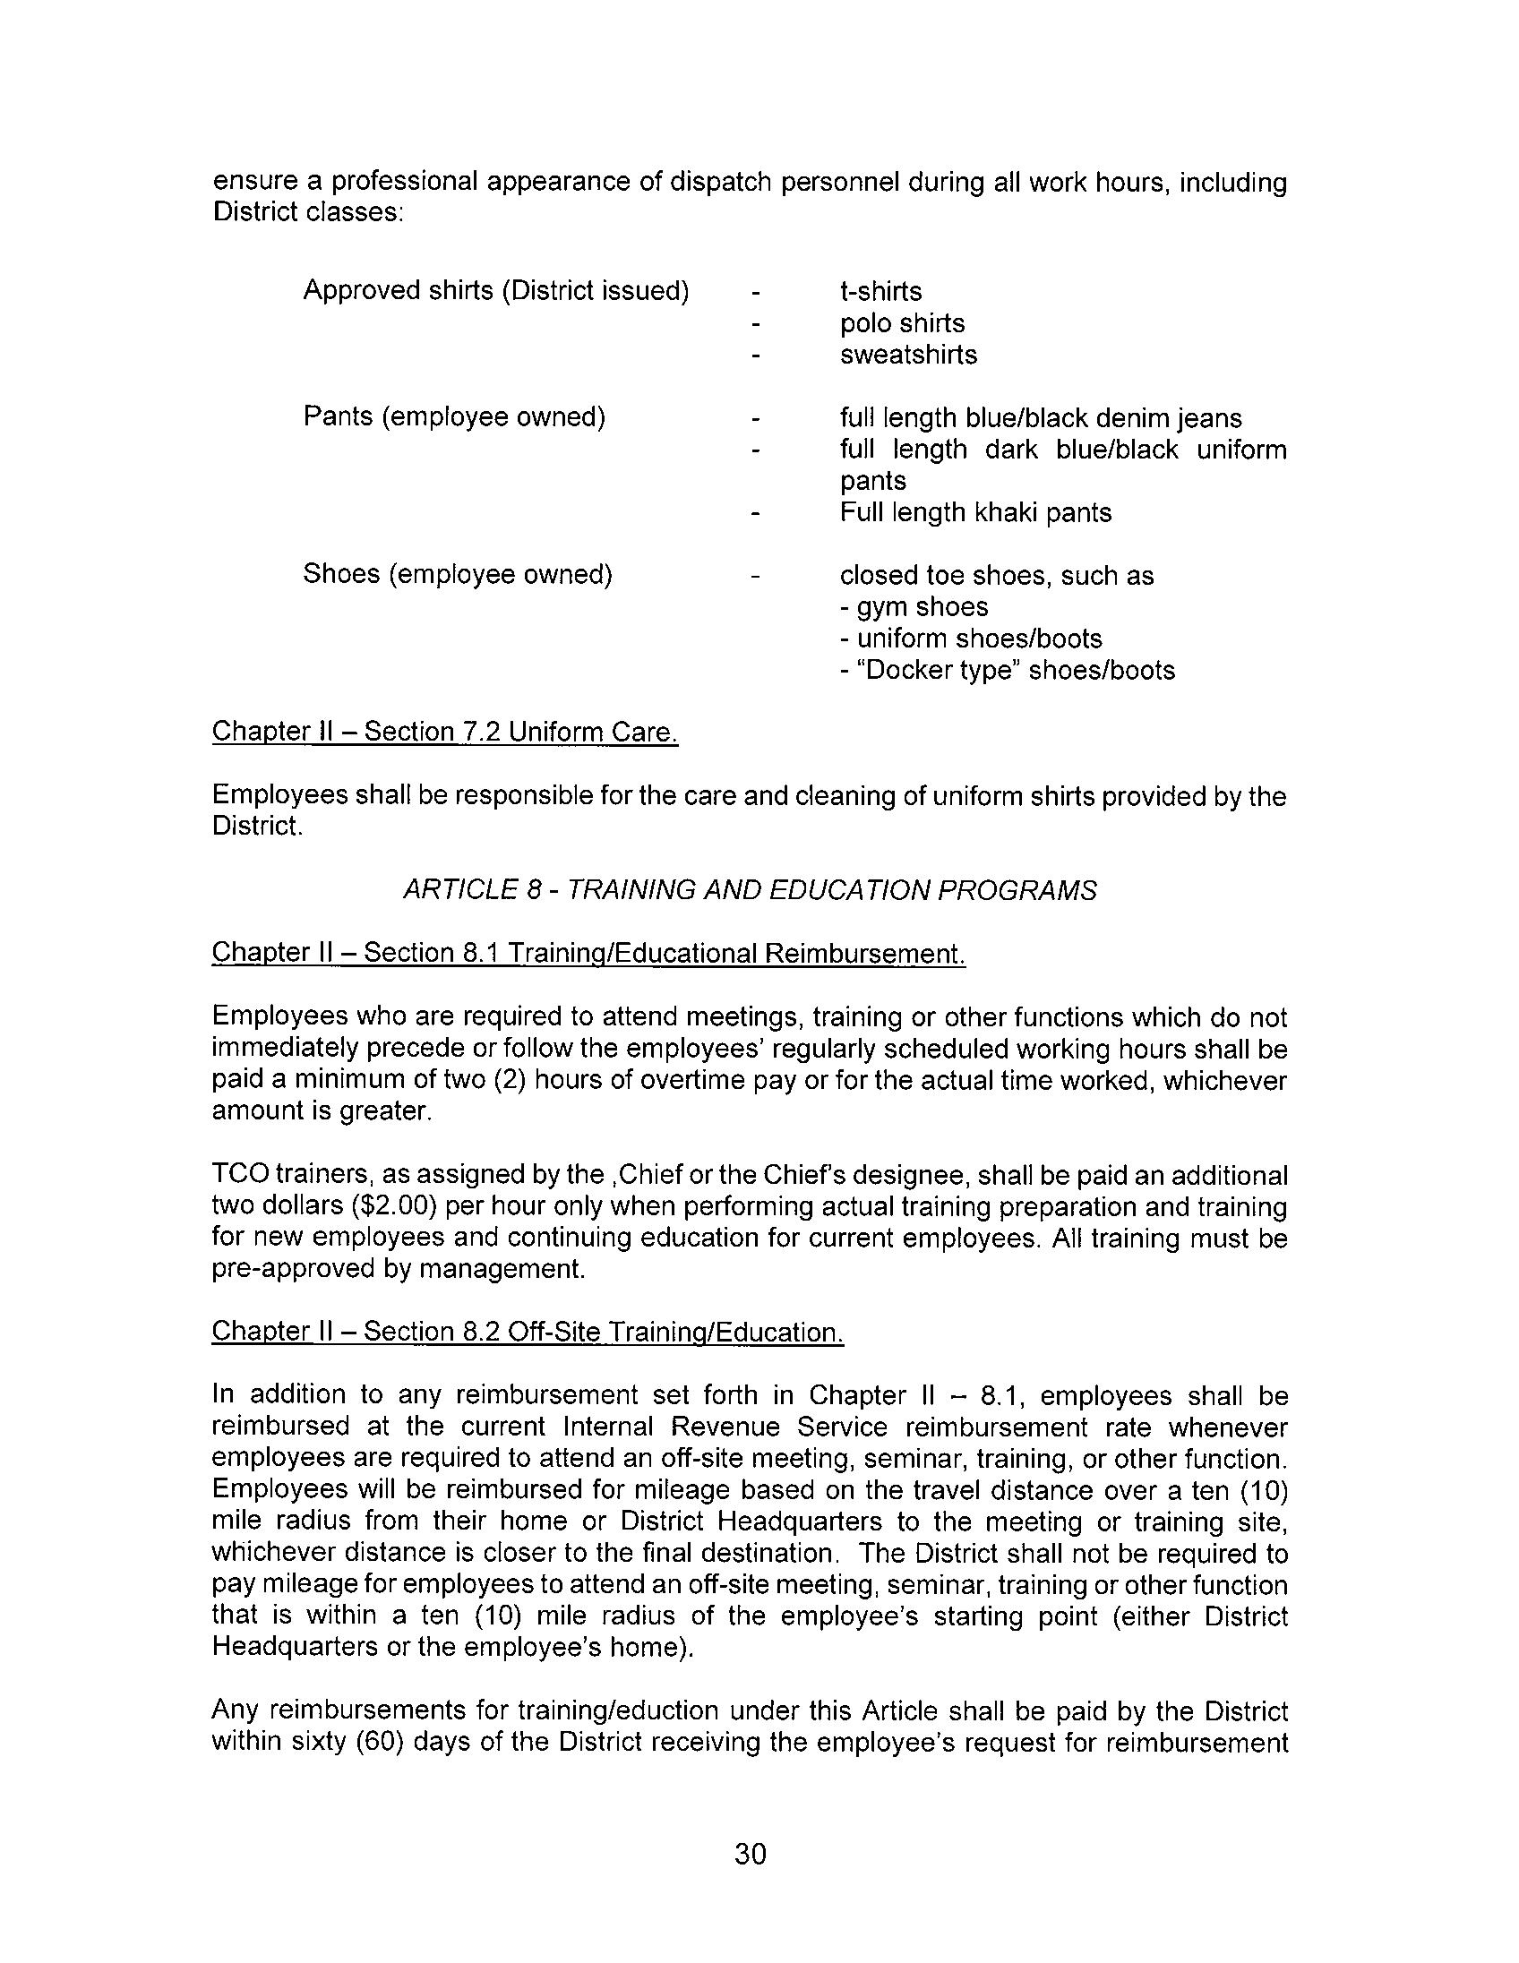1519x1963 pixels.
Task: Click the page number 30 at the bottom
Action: (750, 1854)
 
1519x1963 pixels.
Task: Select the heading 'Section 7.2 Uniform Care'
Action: (444, 732)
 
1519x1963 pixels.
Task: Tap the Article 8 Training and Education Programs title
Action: (750, 890)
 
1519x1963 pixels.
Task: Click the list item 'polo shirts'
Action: (902, 323)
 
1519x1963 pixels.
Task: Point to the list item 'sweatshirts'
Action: (908, 355)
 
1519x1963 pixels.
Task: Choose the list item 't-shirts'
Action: (880, 292)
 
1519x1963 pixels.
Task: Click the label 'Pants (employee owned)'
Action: (454, 417)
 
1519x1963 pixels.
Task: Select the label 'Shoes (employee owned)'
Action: (458, 574)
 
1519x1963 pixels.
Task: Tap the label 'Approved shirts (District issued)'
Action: (496, 291)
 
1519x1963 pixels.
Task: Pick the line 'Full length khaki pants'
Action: (975, 512)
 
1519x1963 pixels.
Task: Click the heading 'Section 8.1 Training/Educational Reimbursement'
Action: (588, 953)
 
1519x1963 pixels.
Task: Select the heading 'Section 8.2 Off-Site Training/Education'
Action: (528, 1332)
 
